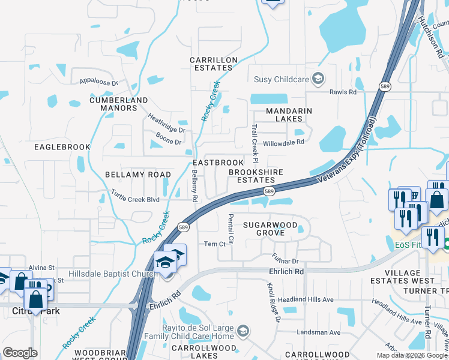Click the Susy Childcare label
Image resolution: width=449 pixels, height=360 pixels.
tap(281, 79)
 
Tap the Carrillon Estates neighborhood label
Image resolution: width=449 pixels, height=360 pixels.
tap(214, 64)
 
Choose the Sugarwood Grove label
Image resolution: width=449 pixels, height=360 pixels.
tap(270, 229)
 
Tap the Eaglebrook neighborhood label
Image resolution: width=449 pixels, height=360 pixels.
tap(62, 147)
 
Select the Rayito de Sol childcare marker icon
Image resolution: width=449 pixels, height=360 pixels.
tap(243, 331)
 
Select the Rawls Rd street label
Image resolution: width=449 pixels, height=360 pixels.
tap(343, 92)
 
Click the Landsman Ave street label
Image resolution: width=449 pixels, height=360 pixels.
tap(319, 332)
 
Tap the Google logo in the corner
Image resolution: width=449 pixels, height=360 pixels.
tap(20, 353)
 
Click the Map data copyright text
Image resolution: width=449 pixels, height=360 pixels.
tap(412, 355)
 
